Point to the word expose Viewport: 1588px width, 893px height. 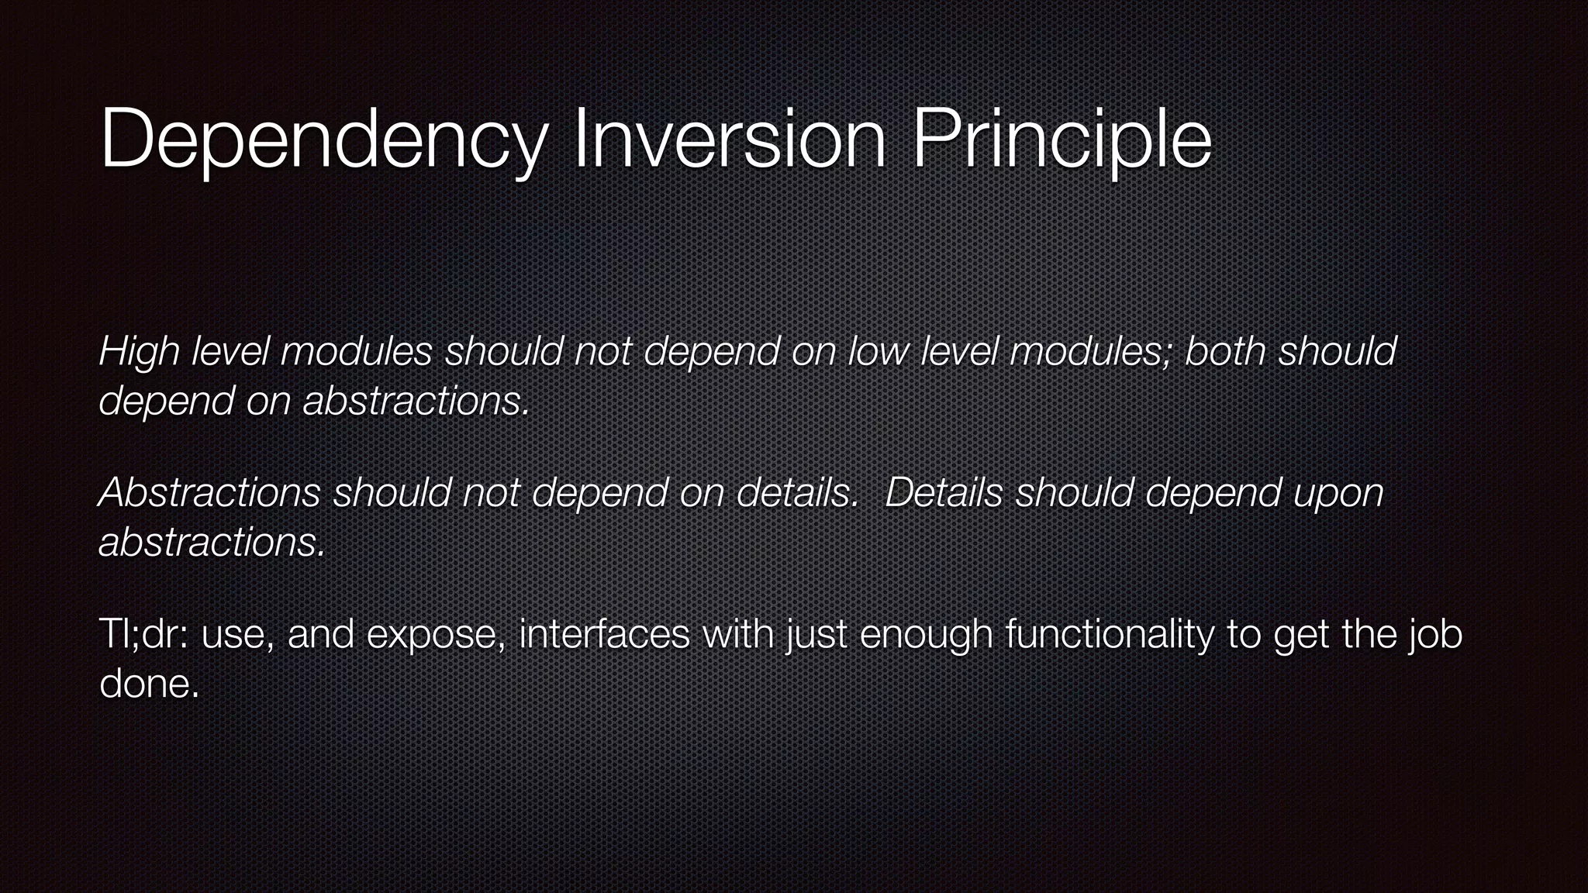click(437, 636)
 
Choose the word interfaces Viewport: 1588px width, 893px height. click(605, 634)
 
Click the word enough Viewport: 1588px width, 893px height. click(927, 636)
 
